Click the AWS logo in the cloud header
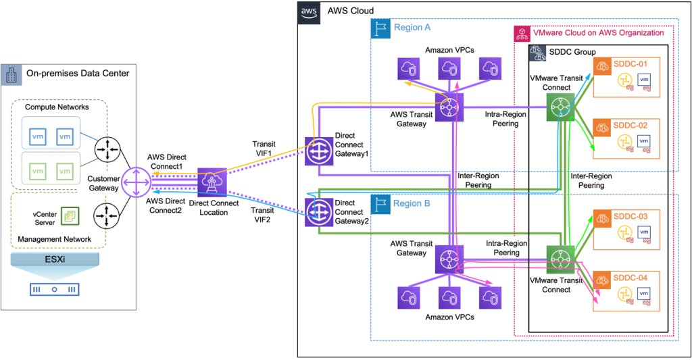click(x=308, y=12)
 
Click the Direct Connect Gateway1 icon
click(x=316, y=151)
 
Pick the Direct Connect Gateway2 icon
click(x=316, y=211)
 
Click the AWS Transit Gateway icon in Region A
click(x=448, y=108)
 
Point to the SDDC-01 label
click(x=630, y=64)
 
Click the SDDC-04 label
click(x=630, y=277)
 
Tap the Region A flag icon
click(x=380, y=28)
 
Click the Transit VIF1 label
click(x=264, y=149)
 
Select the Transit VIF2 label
click(x=264, y=213)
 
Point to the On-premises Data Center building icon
click(x=11, y=74)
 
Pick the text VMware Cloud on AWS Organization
click(x=598, y=32)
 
